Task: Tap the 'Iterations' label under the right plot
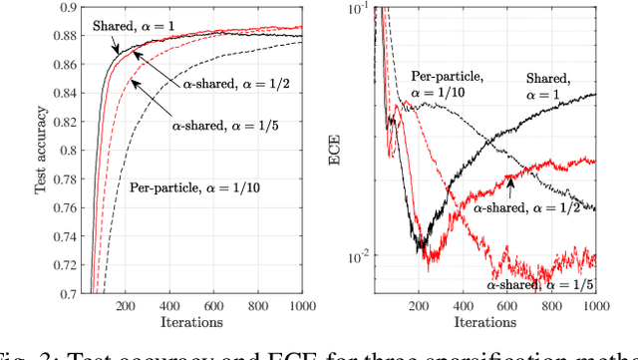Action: pos(484,322)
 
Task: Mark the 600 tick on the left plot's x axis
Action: pos(214,305)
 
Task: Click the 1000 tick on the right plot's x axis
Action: pos(595,305)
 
